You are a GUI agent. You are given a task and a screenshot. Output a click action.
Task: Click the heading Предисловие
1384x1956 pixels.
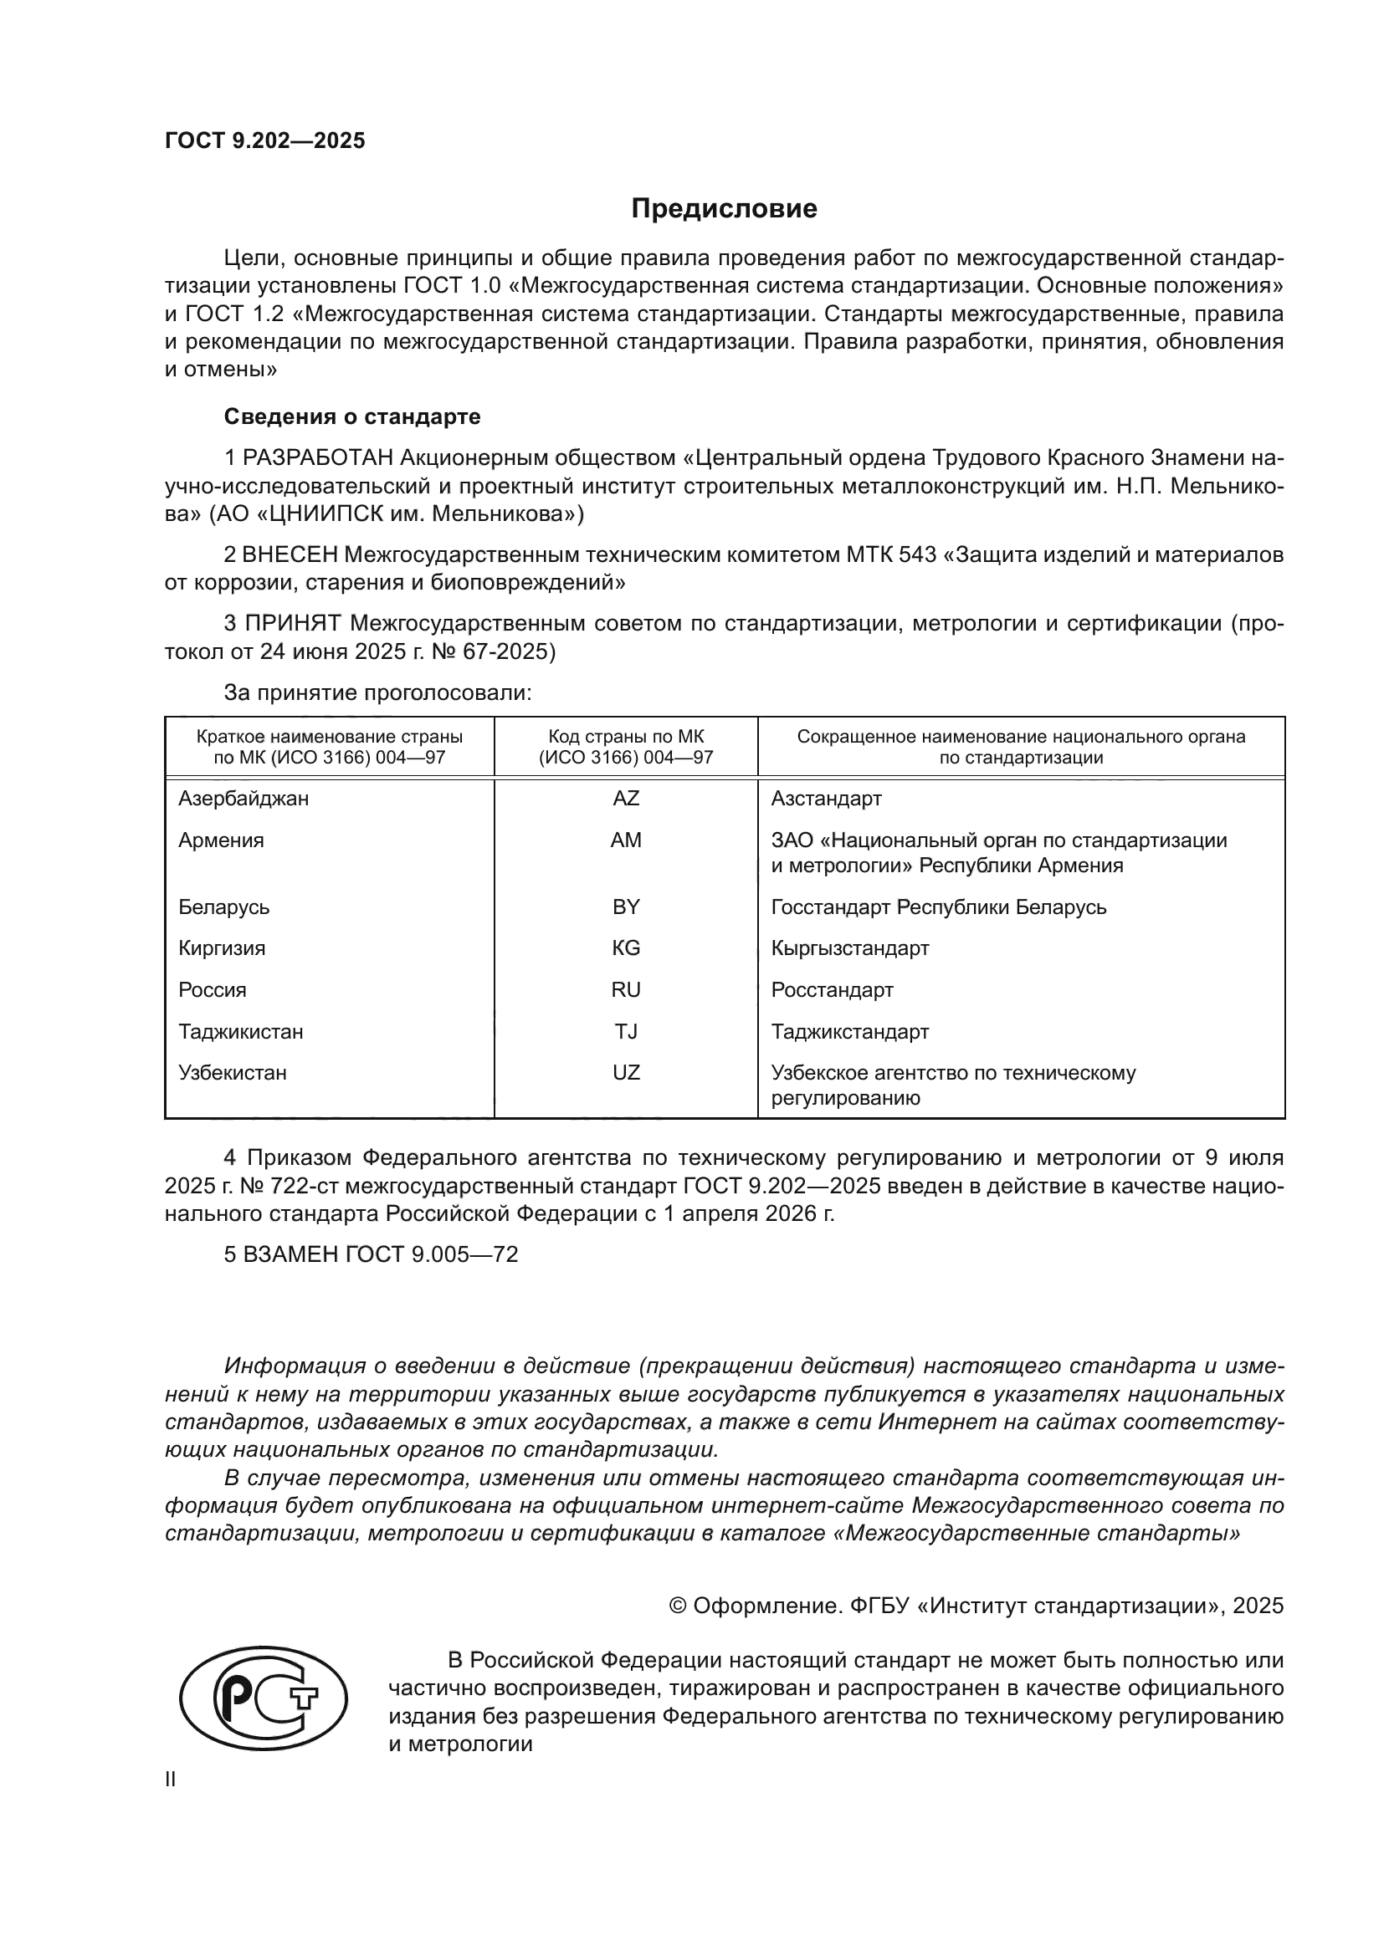click(724, 209)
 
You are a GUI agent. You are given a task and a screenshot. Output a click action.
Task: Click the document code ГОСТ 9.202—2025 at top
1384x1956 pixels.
click(264, 140)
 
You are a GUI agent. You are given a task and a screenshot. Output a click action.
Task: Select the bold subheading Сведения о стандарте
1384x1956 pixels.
click(352, 416)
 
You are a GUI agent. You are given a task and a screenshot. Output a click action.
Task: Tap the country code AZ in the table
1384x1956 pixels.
click(626, 799)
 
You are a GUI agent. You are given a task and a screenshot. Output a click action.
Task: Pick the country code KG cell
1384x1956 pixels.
click(626, 948)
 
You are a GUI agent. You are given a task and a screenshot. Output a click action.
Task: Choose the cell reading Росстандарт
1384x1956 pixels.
click(832, 990)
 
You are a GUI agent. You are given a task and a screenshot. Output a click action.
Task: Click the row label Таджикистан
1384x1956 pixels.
click(240, 1032)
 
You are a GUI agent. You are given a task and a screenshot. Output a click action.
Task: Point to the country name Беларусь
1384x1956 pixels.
click(223, 907)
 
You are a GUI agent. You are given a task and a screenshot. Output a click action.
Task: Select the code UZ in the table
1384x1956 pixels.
click(626, 1073)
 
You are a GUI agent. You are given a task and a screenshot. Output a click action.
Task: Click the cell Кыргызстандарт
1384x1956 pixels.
click(849, 948)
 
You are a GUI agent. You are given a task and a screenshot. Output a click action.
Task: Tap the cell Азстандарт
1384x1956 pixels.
click(826, 799)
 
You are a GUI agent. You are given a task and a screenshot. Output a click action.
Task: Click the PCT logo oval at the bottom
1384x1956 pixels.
click(264, 1698)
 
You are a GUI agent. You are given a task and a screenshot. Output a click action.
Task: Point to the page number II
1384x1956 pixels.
click(171, 1779)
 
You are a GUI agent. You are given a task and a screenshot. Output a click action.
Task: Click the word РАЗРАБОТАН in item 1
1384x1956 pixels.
click(318, 458)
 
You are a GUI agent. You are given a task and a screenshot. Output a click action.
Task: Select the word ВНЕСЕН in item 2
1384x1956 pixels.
click(290, 554)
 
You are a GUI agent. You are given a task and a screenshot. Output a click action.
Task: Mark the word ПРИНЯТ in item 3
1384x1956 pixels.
click(293, 624)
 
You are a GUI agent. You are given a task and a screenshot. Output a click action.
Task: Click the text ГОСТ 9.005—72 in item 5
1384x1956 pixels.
click(431, 1255)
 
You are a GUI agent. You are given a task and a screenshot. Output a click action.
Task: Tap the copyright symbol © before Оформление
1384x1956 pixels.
click(679, 1606)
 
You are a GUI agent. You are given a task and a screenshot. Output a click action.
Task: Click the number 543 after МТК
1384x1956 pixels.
click(918, 554)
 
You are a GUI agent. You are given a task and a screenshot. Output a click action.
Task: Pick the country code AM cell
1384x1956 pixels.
click(626, 840)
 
